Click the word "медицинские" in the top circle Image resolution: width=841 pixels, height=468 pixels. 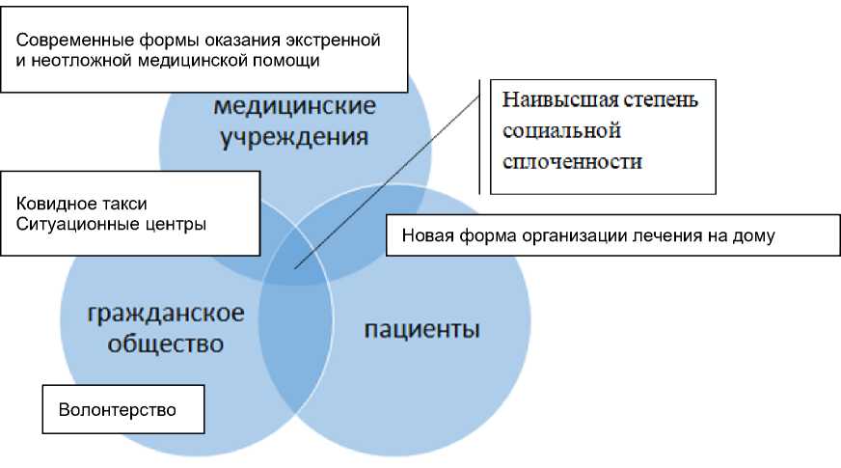click(x=295, y=105)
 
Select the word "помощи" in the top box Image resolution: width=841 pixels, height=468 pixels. click(x=290, y=60)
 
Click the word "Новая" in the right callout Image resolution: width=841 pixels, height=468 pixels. click(x=423, y=235)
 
